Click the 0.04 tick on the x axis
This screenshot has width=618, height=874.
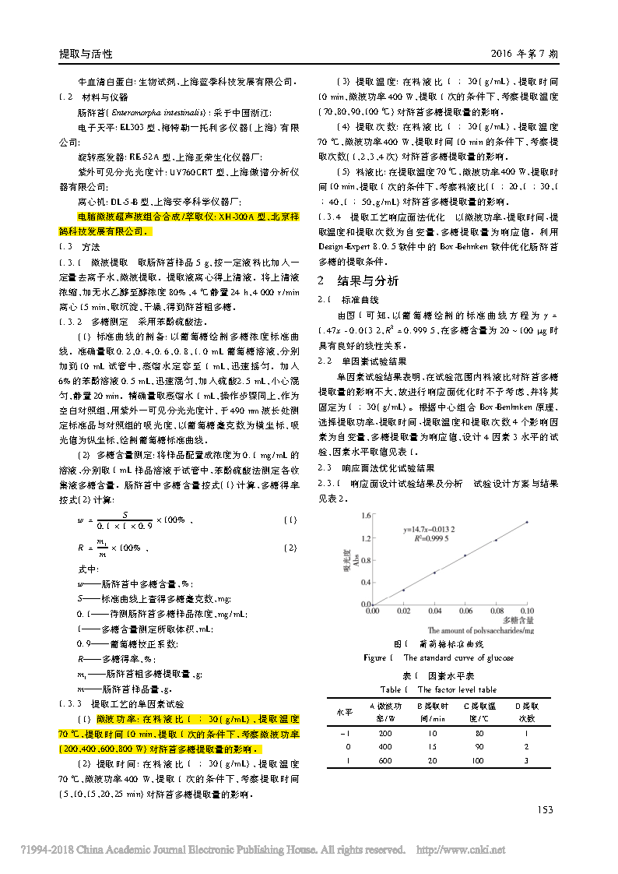click(x=435, y=611)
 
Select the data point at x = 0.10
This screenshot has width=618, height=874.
click(x=527, y=522)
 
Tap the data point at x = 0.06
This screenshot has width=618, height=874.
click(x=465, y=555)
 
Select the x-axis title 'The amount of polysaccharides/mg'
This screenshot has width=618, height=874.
click(x=481, y=629)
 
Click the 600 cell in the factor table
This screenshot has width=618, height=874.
click(x=385, y=760)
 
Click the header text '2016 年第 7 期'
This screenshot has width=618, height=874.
click(x=525, y=55)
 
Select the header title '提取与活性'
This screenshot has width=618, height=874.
click(x=86, y=55)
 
